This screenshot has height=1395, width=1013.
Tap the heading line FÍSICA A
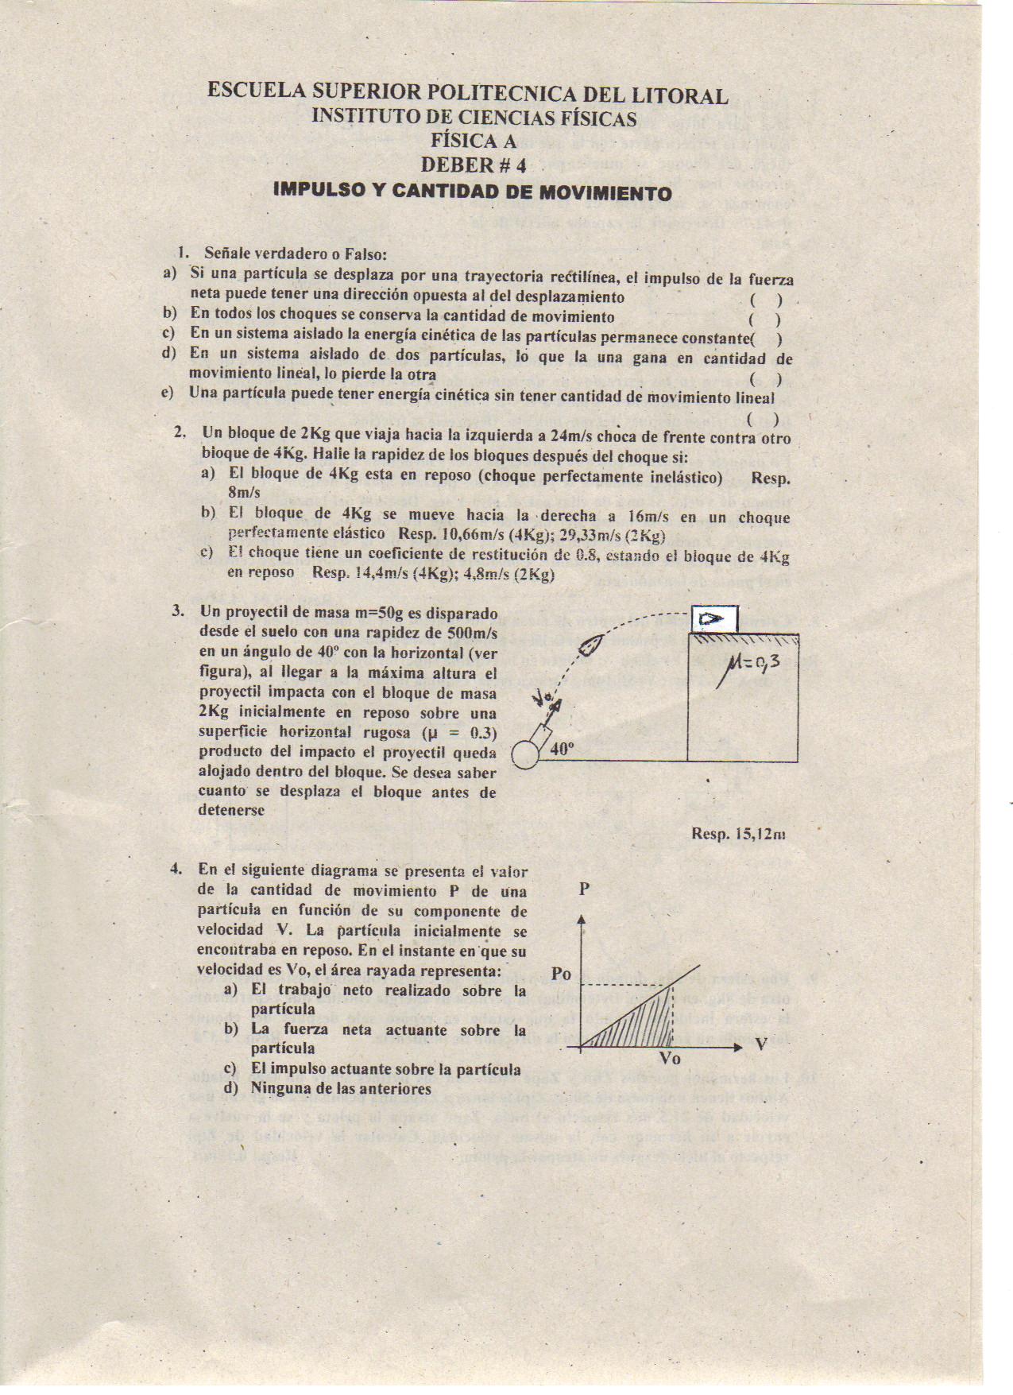474,141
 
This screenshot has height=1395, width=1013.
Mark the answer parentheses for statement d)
766,379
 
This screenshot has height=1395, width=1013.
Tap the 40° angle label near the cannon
561,749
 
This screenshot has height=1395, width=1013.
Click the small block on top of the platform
714,618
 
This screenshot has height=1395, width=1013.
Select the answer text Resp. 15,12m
739,834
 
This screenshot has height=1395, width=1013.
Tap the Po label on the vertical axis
561,975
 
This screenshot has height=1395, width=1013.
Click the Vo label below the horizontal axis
671,1060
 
